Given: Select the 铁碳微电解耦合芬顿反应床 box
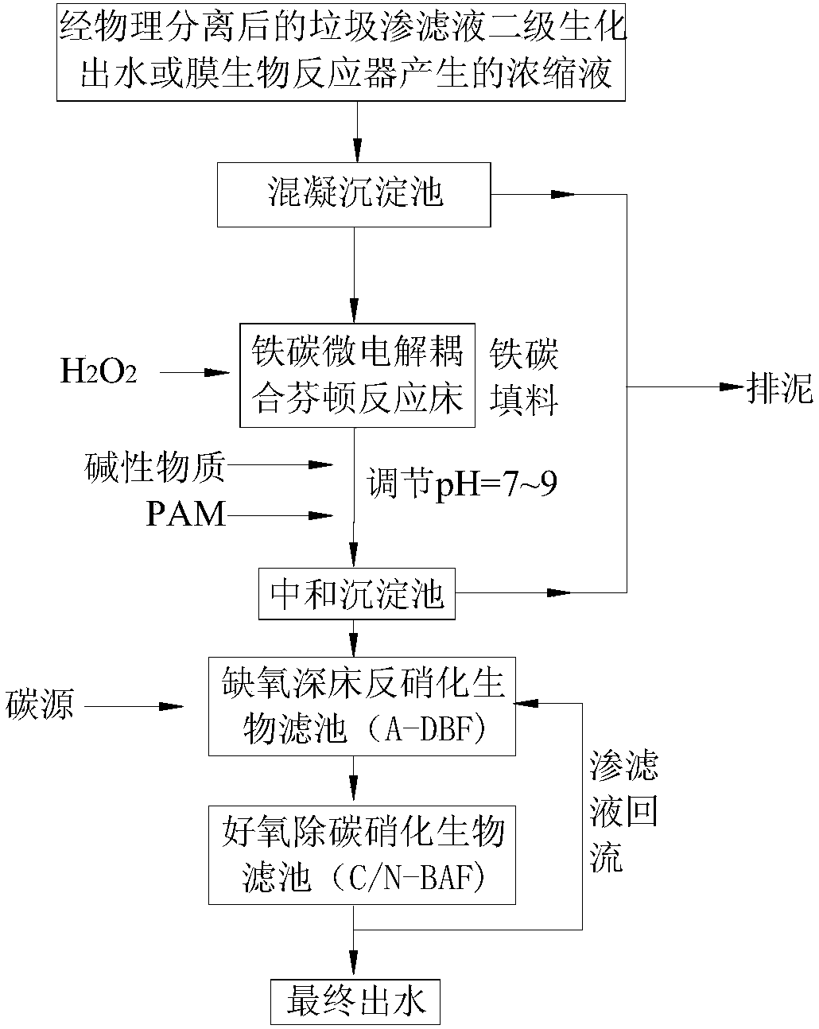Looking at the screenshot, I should point(357,375).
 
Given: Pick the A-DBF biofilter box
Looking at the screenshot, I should point(362,706).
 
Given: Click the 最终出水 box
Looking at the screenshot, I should point(354,1002).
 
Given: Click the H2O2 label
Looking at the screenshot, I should point(99,372).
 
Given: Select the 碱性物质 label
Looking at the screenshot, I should point(155,466).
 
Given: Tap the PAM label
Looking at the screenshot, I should point(186,515).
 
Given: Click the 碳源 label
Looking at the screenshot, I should point(41,705).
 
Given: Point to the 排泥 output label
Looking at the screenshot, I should point(780,388).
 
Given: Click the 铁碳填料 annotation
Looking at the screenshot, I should point(524,378).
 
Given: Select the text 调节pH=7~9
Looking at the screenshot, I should point(461,484).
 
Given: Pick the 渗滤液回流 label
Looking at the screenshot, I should point(623,813).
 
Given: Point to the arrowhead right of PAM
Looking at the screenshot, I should point(321,516).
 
